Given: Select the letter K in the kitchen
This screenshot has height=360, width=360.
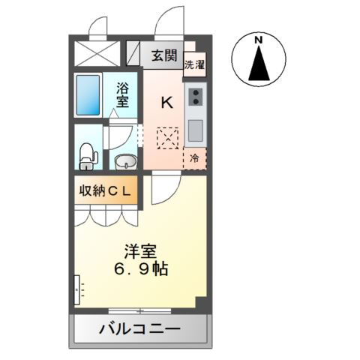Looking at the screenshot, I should click(167, 101).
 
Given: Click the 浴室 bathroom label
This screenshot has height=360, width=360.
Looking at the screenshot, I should click(121, 95).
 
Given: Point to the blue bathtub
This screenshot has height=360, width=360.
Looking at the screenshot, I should click(88, 95).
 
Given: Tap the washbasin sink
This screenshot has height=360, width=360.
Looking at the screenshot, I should click(125, 160).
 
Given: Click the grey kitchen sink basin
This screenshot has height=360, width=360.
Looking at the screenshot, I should click(196, 131).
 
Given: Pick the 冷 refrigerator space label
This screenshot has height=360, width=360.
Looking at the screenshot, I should click(194, 158).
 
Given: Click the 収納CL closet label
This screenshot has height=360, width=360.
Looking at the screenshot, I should click(106, 190).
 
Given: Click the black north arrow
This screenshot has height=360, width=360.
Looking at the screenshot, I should click(258, 64).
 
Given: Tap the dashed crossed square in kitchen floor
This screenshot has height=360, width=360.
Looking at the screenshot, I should click(167, 137).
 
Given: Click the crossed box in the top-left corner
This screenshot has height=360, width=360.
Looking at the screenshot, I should click(97, 53).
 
